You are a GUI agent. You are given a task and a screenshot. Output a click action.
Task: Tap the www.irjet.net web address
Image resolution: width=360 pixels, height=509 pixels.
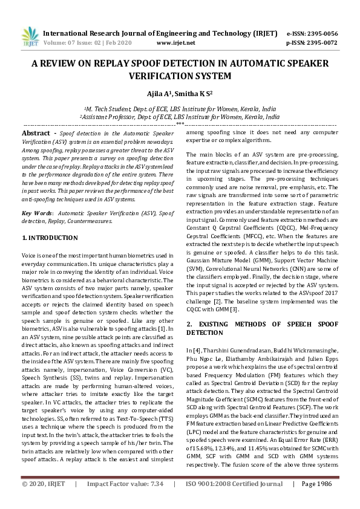click(175, 43)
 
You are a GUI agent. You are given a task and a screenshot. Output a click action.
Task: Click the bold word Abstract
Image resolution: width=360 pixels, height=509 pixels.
click(36, 132)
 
